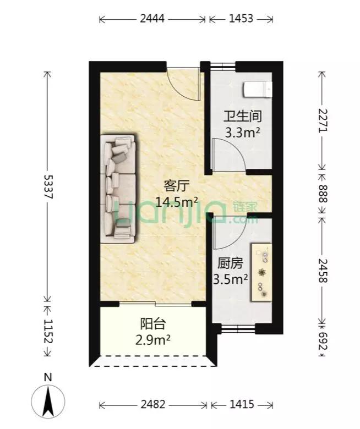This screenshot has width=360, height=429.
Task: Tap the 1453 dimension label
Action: point(241,19)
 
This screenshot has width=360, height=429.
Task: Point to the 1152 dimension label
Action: point(47,332)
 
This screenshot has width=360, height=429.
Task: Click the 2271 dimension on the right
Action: point(323,119)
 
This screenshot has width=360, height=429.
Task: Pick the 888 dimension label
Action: point(323,193)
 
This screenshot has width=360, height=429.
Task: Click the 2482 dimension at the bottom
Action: point(152,405)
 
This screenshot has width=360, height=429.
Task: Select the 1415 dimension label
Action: point(241,405)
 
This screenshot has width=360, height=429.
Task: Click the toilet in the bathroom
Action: point(258,89)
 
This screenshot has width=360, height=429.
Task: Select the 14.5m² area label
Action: point(177,201)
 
